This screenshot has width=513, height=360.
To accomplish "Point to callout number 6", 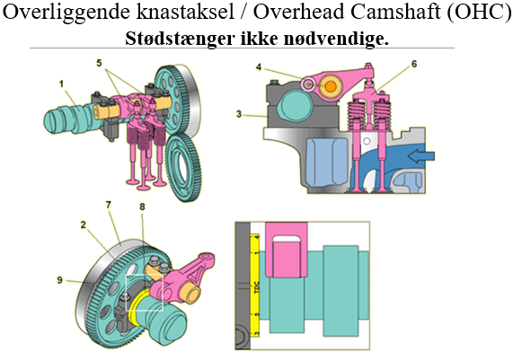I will coord(415,65).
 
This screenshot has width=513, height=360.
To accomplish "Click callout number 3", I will coord(240,113).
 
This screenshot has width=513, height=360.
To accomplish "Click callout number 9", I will coord(59,281).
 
